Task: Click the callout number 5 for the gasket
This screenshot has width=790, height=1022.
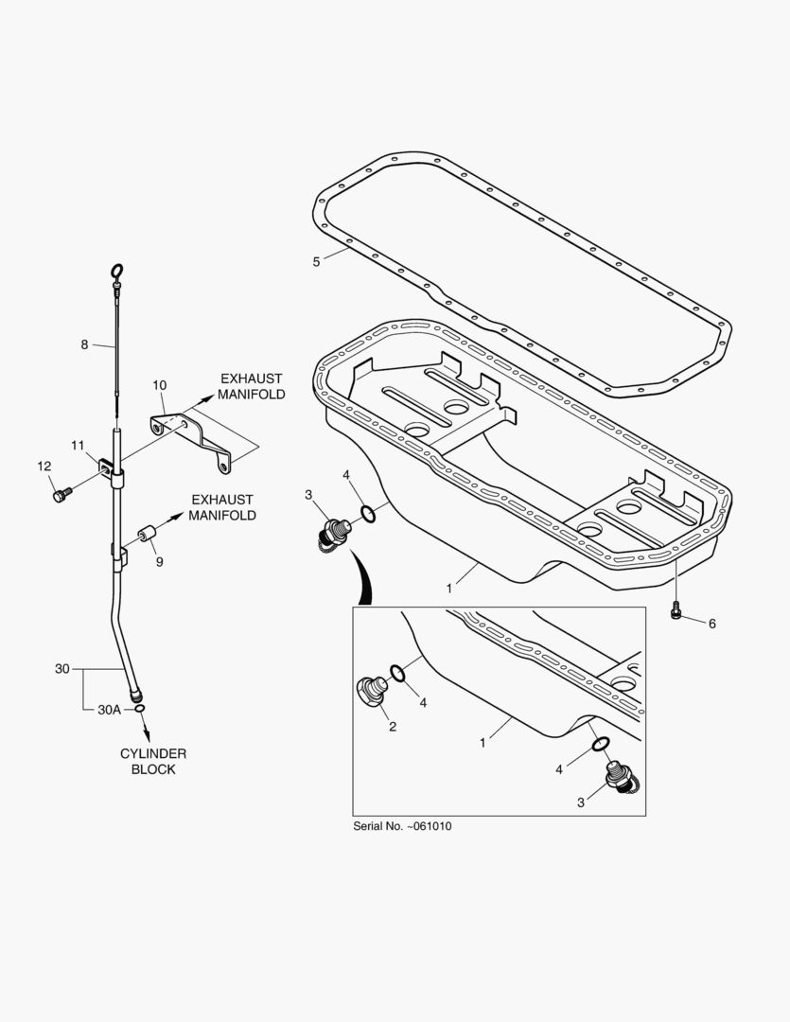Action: pos(316,261)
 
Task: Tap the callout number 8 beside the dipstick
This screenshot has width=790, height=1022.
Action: pos(84,344)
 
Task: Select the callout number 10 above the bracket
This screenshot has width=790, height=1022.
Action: pos(159,385)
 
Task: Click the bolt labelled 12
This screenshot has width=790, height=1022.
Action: pos(62,493)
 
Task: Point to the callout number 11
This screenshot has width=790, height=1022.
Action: pos(78,445)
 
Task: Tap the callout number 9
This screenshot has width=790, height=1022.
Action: pos(159,561)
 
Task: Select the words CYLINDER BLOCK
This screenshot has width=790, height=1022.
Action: pos(153,761)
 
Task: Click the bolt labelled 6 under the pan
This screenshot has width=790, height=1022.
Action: pos(675,611)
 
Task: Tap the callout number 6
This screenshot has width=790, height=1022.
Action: pos(711,623)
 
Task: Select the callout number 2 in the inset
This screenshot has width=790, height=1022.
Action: pos(392,727)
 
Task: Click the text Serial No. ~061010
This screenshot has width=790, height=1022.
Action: pos(402,825)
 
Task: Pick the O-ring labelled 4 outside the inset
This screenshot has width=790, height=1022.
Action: pos(366,515)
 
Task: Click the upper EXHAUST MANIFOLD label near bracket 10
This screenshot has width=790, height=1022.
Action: pos(252,386)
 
